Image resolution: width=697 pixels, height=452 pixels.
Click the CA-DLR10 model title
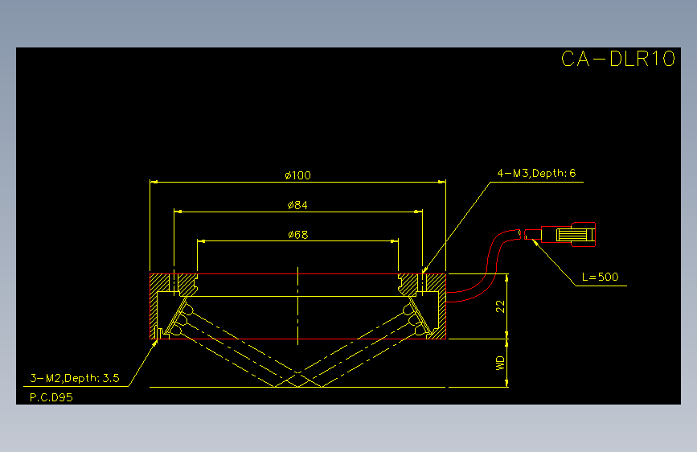click(x=618, y=59)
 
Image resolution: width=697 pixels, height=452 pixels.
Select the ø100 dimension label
click(x=297, y=175)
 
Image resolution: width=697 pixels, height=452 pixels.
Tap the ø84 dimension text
click(x=297, y=205)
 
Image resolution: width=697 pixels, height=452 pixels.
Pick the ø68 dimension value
click(x=297, y=235)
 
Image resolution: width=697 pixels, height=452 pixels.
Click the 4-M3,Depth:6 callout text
click(x=536, y=173)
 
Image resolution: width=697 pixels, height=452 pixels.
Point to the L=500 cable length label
click(x=600, y=277)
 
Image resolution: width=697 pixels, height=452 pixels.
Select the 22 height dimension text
click(x=501, y=306)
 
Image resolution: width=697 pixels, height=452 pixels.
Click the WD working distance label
click(x=501, y=363)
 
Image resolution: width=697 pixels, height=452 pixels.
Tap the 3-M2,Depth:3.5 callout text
click(x=75, y=378)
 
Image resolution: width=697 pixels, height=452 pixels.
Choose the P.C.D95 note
click(x=51, y=397)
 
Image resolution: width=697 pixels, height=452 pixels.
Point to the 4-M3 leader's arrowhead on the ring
click(x=425, y=269)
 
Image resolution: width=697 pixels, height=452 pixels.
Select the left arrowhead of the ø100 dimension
click(x=154, y=182)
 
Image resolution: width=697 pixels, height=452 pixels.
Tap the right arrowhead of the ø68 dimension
click(x=394, y=241)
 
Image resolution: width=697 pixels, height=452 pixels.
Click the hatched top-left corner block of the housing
click(x=159, y=282)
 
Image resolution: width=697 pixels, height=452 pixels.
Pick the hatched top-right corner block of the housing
click(x=436, y=282)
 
